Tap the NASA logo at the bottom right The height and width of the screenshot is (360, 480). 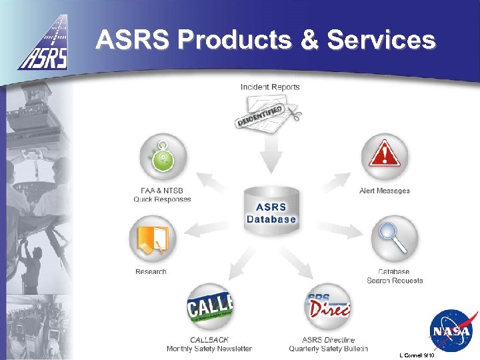tap(451, 331)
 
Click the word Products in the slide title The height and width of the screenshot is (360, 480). tap(223, 40)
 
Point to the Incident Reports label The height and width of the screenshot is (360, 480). tap(270, 87)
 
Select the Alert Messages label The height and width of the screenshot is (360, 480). tap(385, 191)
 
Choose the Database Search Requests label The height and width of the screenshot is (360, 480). tap(395, 276)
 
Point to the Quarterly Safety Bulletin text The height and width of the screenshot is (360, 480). tap(328, 349)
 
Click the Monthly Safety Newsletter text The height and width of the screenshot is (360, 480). tap(209, 349)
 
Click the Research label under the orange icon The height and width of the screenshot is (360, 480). tap(151, 271)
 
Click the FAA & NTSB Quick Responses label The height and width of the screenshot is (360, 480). tap(162, 195)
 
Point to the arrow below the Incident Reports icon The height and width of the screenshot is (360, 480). tap(270, 157)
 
